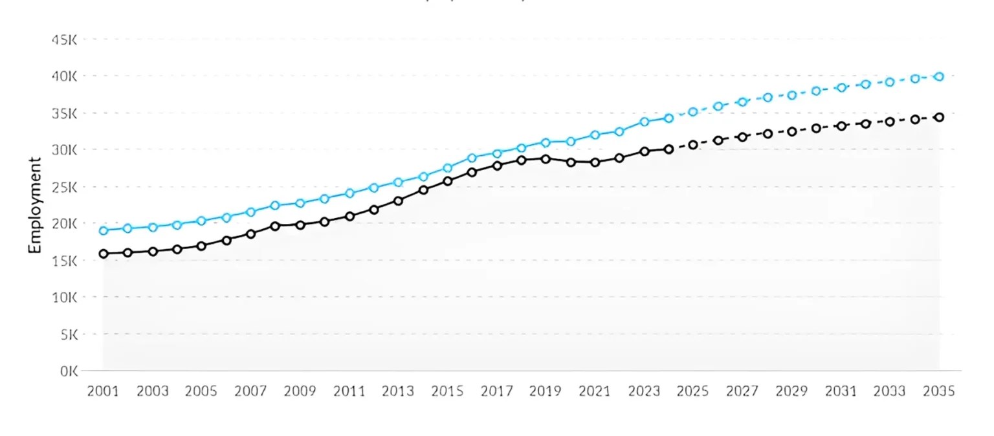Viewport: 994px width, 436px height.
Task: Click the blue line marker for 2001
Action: [x=103, y=230]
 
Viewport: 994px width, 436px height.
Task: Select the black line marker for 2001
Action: [x=103, y=254]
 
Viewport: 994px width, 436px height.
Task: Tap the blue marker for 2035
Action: [x=939, y=76]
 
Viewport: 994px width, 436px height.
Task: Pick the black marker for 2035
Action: [x=939, y=117]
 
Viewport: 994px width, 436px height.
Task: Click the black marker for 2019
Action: [x=546, y=158]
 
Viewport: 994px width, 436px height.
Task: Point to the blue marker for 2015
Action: [x=447, y=168]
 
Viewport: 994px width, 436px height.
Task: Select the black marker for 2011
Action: [x=349, y=216]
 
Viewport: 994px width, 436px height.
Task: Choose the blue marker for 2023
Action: [x=644, y=122]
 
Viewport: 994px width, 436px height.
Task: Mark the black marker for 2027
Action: [x=742, y=137]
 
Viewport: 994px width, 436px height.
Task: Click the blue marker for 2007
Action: [x=250, y=212]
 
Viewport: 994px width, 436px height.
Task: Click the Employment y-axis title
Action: [x=35, y=205]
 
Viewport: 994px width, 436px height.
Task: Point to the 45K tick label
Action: [x=64, y=39]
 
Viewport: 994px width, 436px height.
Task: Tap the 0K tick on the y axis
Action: [x=68, y=371]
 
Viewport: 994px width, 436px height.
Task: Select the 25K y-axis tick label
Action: [x=64, y=187]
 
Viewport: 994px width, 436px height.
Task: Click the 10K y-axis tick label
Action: [x=64, y=298]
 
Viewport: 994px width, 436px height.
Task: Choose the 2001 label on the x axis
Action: [x=103, y=391]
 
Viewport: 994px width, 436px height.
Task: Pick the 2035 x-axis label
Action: [x=939, y=391]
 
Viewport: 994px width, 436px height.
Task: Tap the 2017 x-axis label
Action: [x=496, y=391]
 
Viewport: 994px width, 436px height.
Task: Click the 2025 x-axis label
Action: [x=693, y=391]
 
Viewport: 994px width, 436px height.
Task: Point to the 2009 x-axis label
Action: [x=300, y=391]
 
